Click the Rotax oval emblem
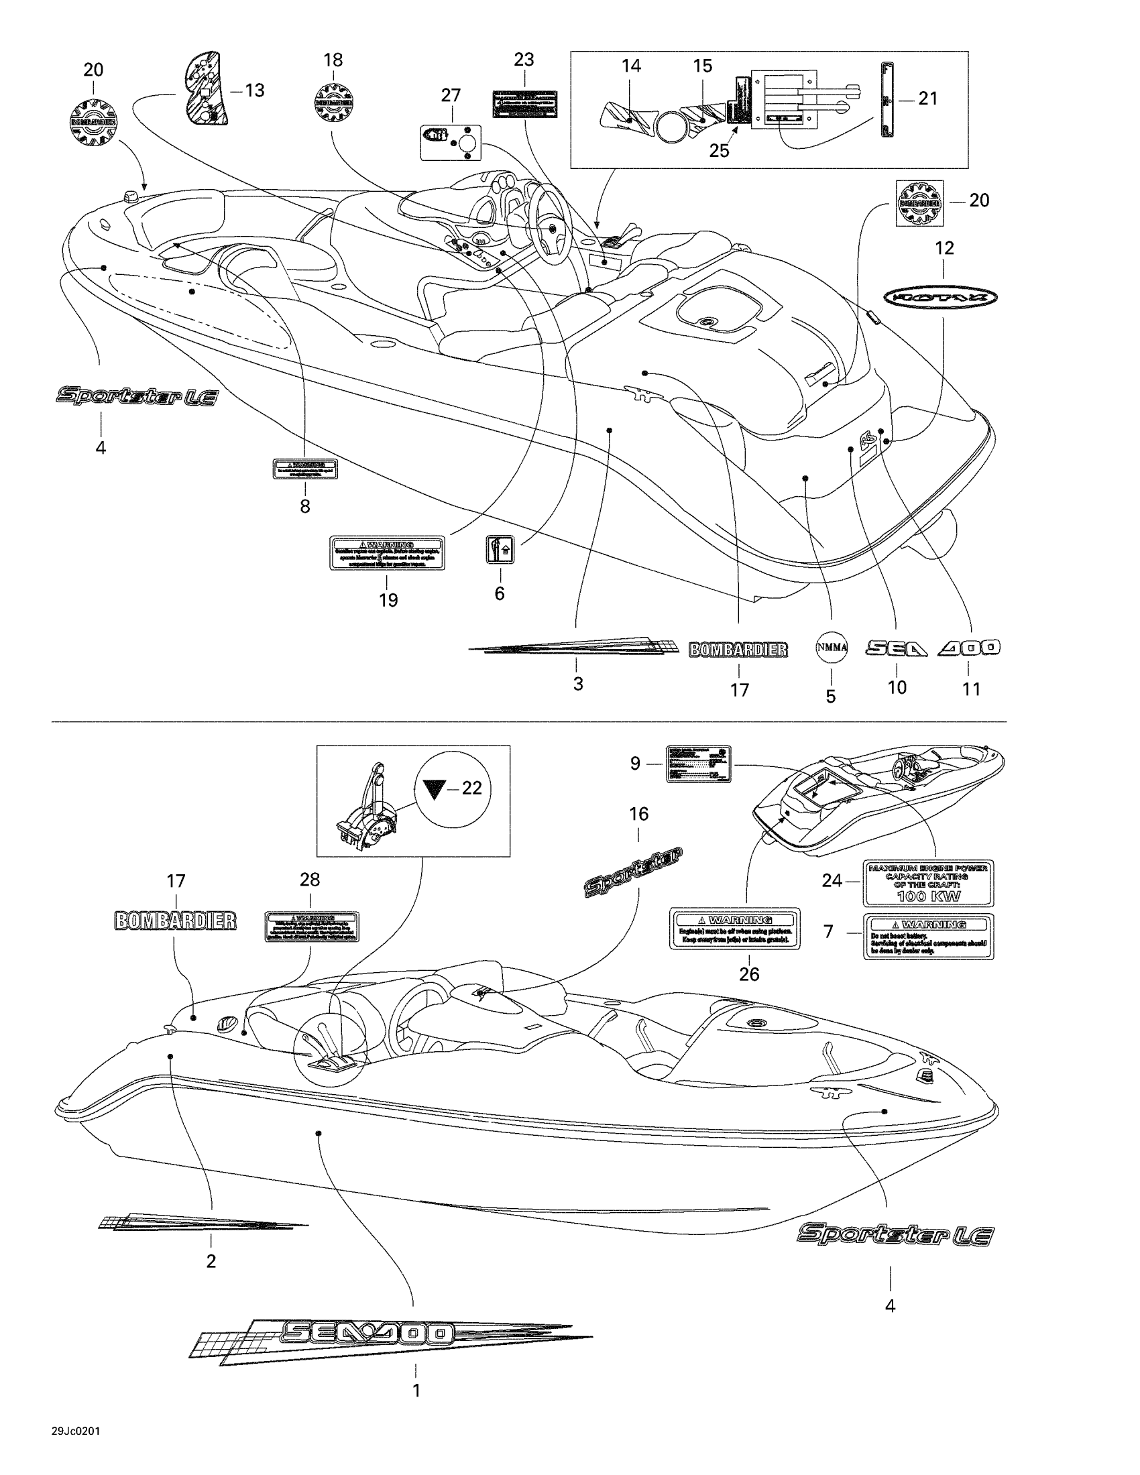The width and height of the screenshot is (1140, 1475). point(941,296)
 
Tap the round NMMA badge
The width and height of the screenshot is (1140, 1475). point(832,647)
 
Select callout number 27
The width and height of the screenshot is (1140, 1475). point(451,95)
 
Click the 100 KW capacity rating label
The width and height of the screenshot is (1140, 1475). point(929,883)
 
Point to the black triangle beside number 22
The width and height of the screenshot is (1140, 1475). point(435,789)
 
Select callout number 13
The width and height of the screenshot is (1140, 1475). point(255,91)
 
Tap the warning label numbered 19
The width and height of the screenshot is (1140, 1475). point(387,553)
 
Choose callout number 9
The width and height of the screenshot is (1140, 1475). point(635,764)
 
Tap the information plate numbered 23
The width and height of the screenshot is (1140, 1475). point(524,104)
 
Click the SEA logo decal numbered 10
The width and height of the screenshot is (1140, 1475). point(896,648)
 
